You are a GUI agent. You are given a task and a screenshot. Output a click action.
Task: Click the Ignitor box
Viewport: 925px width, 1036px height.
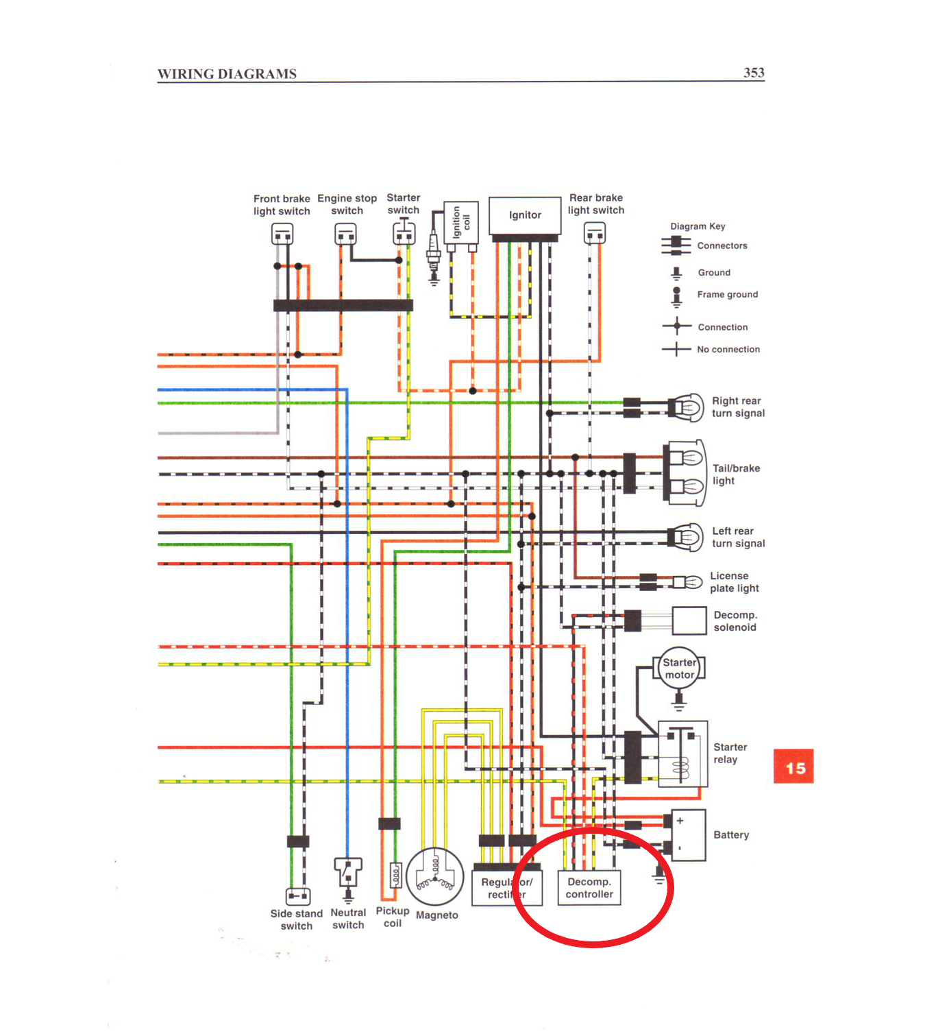pos(525,215)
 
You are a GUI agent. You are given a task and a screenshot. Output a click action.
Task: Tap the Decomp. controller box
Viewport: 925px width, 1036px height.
pos(589,888)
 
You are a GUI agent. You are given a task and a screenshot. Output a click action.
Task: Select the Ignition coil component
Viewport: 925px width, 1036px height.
pos(460,222)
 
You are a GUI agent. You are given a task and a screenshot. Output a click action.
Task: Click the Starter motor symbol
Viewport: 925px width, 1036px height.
pos(679,668)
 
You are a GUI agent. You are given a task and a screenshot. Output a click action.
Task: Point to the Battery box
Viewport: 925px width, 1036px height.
pos(689,834)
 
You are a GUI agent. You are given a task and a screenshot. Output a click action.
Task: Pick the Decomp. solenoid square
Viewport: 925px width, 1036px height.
pos(689,621)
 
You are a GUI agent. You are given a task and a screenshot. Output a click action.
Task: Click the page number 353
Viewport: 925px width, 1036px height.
pos(754,73)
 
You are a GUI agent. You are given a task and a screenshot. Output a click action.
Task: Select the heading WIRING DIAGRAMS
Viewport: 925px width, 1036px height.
pos(227,74)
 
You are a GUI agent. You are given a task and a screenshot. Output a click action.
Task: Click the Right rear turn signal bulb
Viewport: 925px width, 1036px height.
pos(686,408)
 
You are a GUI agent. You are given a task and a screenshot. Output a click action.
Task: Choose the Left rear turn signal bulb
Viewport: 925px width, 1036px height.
pos(686,537)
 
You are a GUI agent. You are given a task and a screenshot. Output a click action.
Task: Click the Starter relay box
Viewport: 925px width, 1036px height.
pos(682,754)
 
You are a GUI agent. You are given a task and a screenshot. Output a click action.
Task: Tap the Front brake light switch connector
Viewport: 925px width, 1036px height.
pos(282,235)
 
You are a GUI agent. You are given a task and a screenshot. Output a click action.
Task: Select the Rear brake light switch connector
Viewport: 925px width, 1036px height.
pos(595,234)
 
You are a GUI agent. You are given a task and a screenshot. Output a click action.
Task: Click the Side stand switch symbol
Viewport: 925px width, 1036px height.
pos(298,895)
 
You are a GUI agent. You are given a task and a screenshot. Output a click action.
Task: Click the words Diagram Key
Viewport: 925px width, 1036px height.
pos(698,226)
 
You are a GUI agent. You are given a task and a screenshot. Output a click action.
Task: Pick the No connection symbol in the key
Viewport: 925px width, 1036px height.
pos(676,349)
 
